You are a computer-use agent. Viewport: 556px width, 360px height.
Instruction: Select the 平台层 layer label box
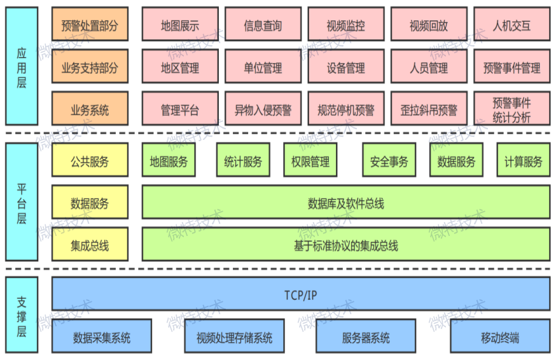tap(21, 202)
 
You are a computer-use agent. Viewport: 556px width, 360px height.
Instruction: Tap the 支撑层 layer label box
tap(21, 314)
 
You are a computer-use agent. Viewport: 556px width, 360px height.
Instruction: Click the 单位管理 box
tap(263, 67)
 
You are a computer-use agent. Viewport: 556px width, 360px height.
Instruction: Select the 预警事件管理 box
tap(511, 67)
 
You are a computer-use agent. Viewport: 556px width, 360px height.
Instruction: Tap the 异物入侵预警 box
tap(263, 109)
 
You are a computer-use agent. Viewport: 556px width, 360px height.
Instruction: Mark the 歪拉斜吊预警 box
tap(429, 109)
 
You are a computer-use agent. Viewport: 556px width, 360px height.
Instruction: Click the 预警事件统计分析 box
tap(511, 109)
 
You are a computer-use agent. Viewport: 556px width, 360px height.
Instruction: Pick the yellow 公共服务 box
tap(90, 161)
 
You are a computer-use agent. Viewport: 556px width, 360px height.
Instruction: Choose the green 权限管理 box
tap(310, 161)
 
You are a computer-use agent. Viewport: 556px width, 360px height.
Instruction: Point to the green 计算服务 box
tap(523, 161)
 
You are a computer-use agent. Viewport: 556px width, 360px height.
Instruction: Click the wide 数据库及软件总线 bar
tap(345, 203)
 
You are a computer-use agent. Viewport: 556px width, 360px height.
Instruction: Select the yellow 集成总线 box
tap(90, 245)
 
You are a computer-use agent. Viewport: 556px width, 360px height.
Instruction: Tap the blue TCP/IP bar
tap(301, 294)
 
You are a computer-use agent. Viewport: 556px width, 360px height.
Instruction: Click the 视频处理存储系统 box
tap(234, 336)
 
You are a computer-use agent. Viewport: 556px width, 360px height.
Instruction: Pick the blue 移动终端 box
tap(500, 336)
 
